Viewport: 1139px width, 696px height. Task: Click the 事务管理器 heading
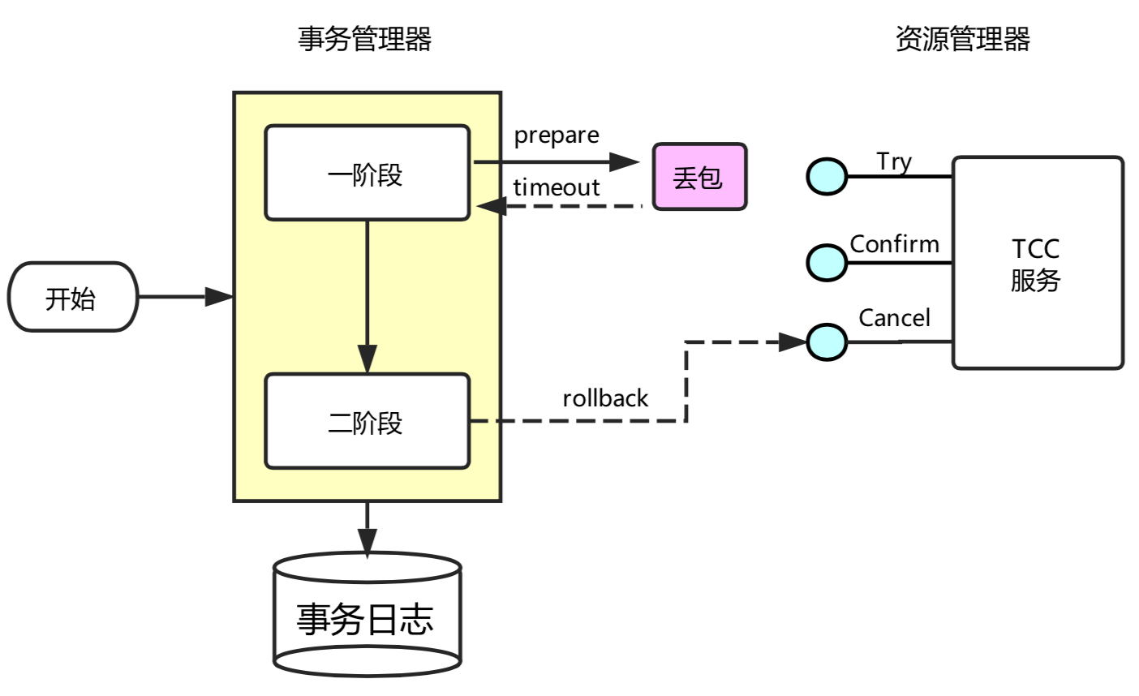[364, 39]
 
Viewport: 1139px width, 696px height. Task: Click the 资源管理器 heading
[962, 39]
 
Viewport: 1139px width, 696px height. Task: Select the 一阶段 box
[367, 173]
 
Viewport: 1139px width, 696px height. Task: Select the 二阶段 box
[367, 421]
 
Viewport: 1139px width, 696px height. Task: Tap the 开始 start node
[73, 297]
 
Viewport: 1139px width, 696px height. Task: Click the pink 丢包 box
[699, 177]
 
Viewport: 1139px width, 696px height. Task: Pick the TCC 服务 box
[1038, 263]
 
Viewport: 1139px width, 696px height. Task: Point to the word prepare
[557, 135]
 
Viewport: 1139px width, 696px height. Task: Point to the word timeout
[557, 187]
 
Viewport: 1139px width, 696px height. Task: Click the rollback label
[605, 398]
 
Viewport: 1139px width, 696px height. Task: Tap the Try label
[894, 161]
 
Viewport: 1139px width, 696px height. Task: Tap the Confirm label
[894, 244]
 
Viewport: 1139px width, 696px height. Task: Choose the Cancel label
[894, 318]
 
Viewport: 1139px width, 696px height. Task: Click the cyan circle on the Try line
[827, 176]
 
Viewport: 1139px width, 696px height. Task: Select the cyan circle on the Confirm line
[827, 262]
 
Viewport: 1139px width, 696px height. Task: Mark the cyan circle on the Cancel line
[827, 342]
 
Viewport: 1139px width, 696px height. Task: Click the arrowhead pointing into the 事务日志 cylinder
[367, 541]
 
